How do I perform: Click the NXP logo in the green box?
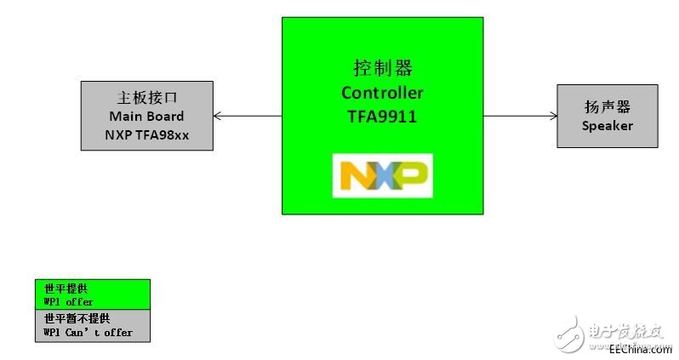[382, 175]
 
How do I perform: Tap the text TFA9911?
[382, 117]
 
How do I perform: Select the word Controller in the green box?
[382, 92]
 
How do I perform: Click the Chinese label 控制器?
[382, 68]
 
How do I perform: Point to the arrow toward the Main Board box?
[247, 116]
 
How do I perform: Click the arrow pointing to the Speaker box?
[520, 117]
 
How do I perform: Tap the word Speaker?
[608, 126]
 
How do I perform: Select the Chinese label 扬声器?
[608, 108]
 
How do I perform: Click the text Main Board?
[146, 116]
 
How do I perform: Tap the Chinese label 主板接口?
[146, 97]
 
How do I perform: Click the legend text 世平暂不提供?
[77, 318]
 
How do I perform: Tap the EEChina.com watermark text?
[640, 349]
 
